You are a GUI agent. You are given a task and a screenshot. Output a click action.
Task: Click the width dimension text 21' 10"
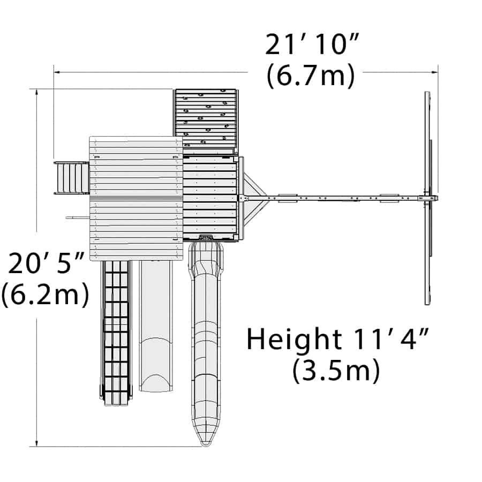pyautogui.click(x=312, y=44)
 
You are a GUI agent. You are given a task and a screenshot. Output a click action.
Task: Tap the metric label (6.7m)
pyautogui.click(x=311, y=76)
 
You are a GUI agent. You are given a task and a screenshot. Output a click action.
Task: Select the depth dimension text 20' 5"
pyautogui.click(x=46, y=263)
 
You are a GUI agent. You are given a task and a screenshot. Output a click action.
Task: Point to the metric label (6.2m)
pyautogui.click(x=45, y=294)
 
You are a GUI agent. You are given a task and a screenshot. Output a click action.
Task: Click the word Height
pyautogui.click(x=294, y=339)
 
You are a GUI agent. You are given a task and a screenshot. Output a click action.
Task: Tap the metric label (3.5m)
pyautogui.click(x=336, y=371)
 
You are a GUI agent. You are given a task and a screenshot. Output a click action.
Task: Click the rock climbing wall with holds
pyautogui.click(x=206, y=119)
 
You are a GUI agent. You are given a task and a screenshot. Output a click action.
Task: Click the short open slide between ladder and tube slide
pyautogui.click(x=155, y=326)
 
